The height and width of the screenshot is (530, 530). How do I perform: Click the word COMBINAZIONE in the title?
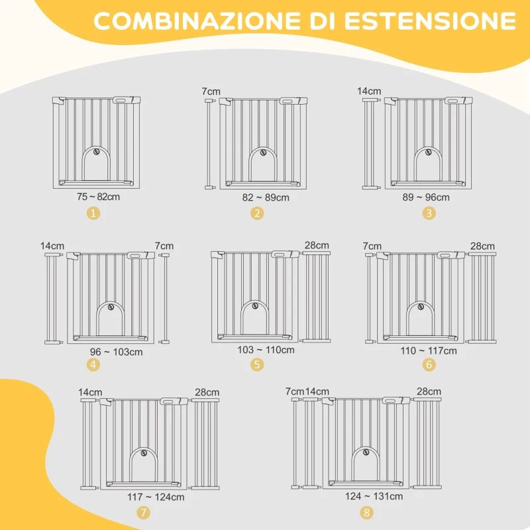[197, 21]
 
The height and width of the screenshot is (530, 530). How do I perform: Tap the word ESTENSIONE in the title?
[430, 21]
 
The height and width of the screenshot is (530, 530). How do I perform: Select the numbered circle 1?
[93, 213]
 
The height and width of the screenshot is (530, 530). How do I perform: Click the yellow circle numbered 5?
[257, 364]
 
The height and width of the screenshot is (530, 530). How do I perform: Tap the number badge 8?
[366, 512]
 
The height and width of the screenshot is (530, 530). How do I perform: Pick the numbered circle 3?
[429, 213]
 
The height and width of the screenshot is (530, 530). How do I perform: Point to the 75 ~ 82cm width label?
[98, 197]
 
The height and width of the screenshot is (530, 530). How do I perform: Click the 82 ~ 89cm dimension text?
[266, 197]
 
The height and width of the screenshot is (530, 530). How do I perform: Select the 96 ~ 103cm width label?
[117, 352]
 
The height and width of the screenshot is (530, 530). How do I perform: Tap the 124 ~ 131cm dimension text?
[374, 496]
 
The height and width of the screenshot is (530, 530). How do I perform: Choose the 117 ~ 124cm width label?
[156, 497]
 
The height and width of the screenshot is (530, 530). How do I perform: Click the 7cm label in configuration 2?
[211, 91]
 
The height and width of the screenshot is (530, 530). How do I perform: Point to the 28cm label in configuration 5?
[317, 245]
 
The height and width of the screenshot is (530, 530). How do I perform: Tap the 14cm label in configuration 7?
[90, 392]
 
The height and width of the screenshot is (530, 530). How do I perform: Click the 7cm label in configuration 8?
[294, 392]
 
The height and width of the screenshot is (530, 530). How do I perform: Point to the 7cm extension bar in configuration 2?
[210, 144]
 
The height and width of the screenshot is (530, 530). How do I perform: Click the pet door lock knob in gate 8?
[366, 452]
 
